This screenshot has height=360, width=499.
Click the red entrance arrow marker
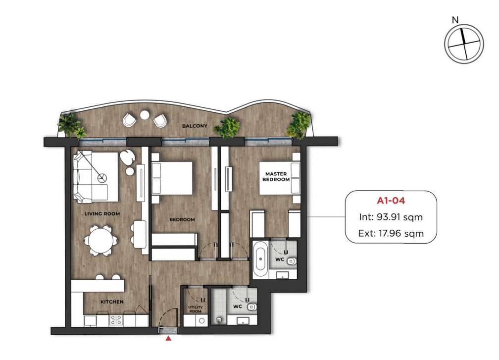click(168, 338)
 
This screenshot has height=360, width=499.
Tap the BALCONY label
click(195, 126)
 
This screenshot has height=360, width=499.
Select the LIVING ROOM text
click(102, 214)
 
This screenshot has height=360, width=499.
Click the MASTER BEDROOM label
click(276, 177)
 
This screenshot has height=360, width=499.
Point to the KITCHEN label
click(112, 302)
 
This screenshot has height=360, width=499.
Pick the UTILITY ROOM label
click(196, 309)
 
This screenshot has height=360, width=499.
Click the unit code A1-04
click(391, 201)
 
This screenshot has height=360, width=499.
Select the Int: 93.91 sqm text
click(391, 217)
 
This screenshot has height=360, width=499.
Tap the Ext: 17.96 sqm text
click(391, 233)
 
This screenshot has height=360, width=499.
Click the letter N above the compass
click(455, 20)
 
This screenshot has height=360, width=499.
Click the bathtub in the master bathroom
click(260, 259)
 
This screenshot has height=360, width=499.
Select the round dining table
click(100, 241)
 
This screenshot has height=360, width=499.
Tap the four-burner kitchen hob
click(115, 320)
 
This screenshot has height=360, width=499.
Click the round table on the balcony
click(145, 115)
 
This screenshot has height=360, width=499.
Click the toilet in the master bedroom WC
click(291, 261)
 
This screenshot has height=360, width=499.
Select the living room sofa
click(91, 177)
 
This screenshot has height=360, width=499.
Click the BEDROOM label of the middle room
click(182, 220)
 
